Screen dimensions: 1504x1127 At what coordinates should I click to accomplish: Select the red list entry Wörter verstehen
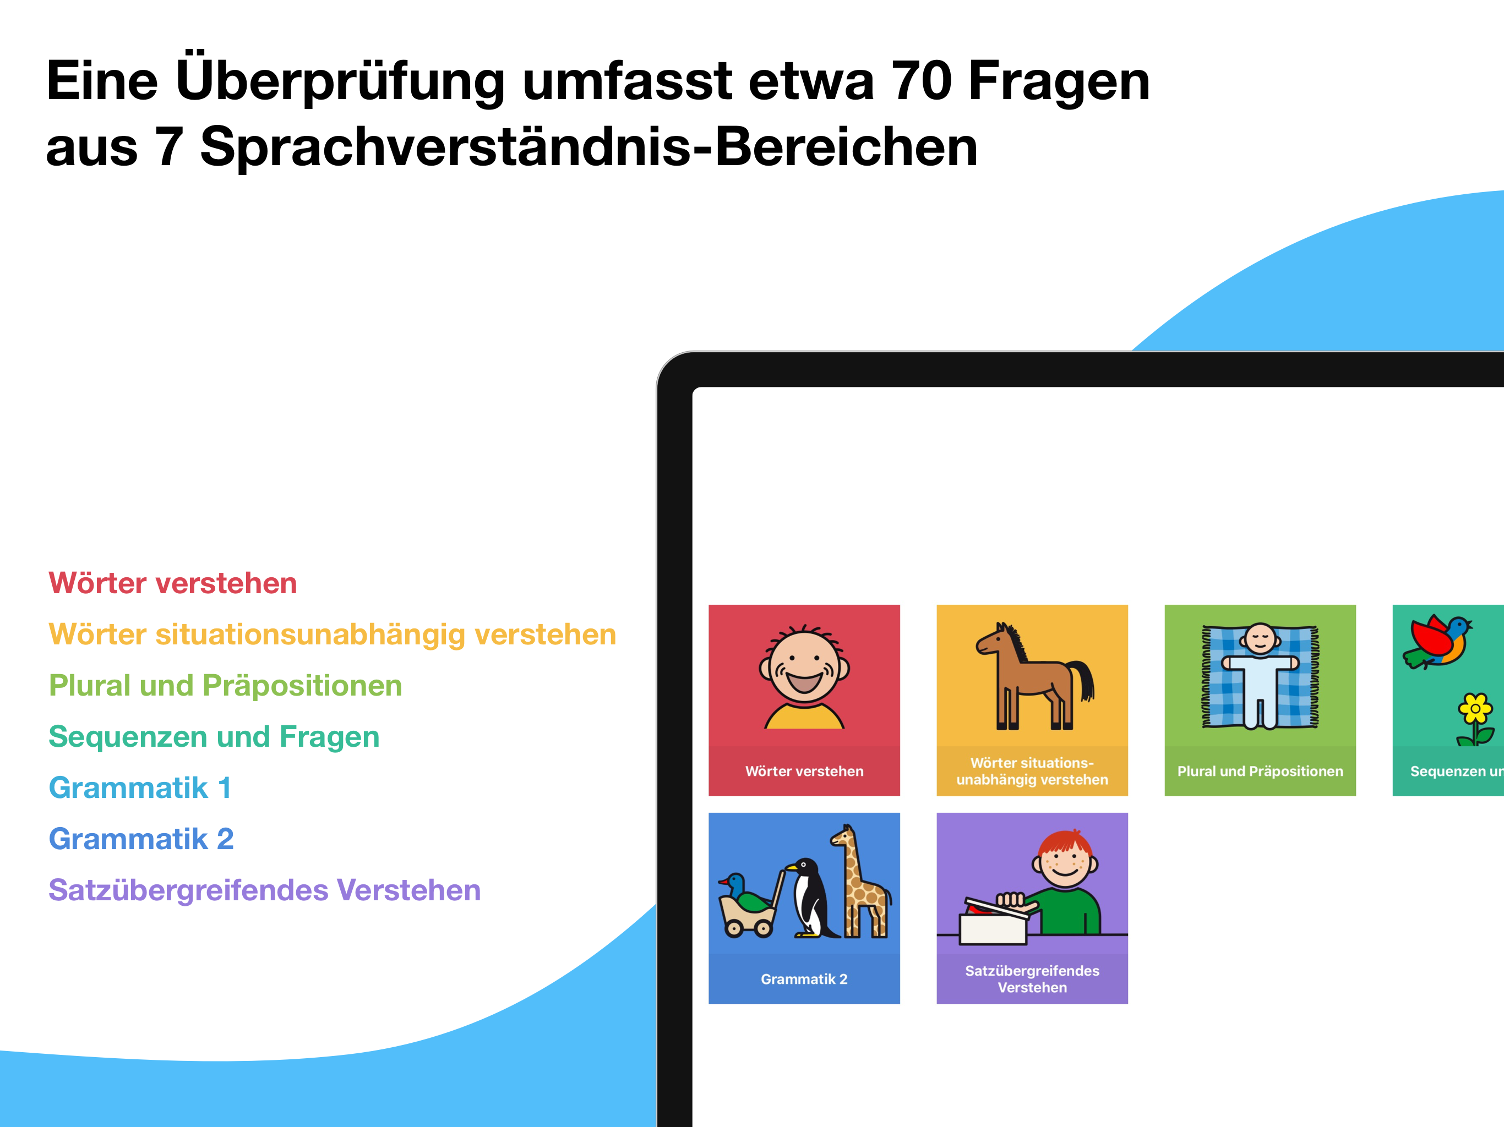coord(173,583)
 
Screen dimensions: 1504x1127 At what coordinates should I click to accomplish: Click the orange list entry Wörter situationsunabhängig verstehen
coord(333,634)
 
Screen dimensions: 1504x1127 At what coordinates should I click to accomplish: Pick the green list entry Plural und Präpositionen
coord(225,685)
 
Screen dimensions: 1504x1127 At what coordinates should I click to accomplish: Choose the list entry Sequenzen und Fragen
coord(214,737)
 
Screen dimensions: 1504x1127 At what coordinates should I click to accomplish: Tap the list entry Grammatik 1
coord(140,788)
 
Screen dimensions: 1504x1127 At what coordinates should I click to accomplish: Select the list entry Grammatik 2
coord(141,839)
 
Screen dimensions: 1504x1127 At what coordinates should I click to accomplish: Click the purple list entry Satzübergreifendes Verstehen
coord(264,890)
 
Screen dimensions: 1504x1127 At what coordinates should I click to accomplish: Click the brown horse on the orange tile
coord(1033,676)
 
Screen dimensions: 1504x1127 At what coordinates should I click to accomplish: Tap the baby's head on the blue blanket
coord(1261,639)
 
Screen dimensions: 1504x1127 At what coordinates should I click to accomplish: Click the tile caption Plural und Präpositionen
coord(1260,772)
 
